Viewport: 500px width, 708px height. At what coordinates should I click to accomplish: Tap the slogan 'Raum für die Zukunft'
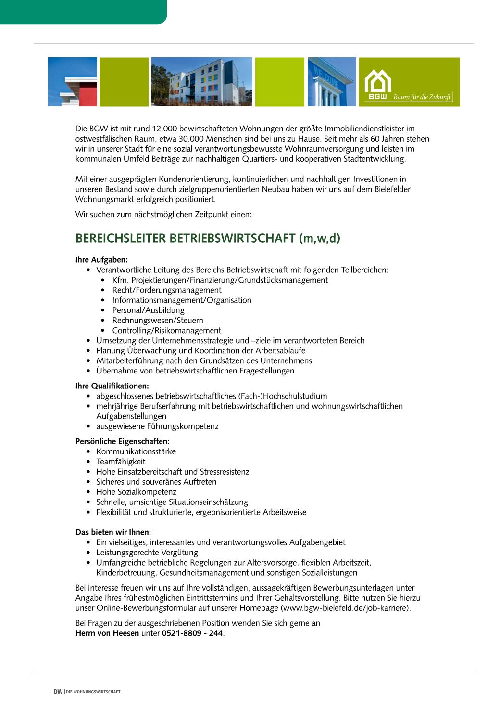(422, 97)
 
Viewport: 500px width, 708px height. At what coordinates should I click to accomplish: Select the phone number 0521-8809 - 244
(192, 633)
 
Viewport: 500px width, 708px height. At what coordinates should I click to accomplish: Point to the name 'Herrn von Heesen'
(107, 633)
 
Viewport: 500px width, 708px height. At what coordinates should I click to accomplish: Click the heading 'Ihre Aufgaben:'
(101, 260)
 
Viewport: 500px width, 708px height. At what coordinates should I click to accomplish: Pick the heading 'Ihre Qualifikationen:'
(112, 386)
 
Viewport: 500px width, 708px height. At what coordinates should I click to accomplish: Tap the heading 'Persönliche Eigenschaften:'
(122, 441)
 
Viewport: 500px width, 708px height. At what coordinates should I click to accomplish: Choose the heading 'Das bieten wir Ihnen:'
(113, 532)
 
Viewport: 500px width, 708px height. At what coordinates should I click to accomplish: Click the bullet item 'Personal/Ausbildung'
(148, 310)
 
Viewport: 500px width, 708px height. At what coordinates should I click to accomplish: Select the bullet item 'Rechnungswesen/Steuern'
(158, 321)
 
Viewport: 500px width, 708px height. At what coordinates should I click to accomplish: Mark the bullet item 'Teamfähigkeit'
(121, 462)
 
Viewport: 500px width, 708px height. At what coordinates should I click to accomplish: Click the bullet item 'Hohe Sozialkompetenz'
(136, 492)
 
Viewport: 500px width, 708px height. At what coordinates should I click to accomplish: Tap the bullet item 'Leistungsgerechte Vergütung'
(147, 553)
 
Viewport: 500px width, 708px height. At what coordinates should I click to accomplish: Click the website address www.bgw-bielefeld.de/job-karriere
(345, 608)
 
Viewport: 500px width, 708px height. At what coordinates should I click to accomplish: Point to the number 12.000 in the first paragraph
(164, 129)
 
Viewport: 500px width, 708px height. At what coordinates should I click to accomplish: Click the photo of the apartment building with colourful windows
(201, 82)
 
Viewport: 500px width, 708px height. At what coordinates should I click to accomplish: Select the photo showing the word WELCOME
(332, 82)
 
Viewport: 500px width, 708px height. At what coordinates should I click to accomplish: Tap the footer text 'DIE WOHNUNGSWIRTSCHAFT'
(93, 692)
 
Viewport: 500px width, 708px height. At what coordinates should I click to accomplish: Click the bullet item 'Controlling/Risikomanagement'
(166, 331)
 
